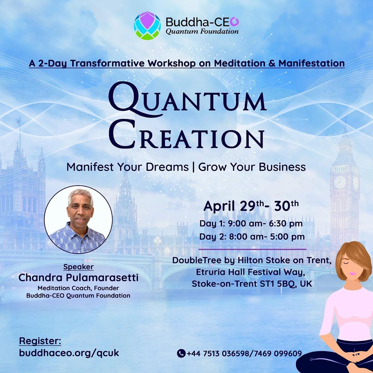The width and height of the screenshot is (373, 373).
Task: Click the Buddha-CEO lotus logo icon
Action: point(148,26)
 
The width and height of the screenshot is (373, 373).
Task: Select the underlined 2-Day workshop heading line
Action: point(187,63)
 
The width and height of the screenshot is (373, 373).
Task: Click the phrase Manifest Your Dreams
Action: point(127,167)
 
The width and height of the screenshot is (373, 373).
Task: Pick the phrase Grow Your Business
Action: point(252,167)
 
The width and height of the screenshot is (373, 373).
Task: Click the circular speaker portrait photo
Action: point(78,219)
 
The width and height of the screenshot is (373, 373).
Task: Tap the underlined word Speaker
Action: point(78,267)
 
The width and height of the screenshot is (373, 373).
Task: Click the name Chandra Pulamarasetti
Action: point(78,278)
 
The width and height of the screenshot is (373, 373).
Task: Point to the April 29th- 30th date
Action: point(251,206)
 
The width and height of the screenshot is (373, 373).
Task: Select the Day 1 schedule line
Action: point(251,223)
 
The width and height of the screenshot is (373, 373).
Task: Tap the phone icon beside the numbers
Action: point(181,353)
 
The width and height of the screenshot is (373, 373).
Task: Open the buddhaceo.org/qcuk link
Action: point(69,353)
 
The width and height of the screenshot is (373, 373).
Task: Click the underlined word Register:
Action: point(40,341)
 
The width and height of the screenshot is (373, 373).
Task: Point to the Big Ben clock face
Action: point(339,182)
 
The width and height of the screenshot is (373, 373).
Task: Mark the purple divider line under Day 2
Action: point(252,249)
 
